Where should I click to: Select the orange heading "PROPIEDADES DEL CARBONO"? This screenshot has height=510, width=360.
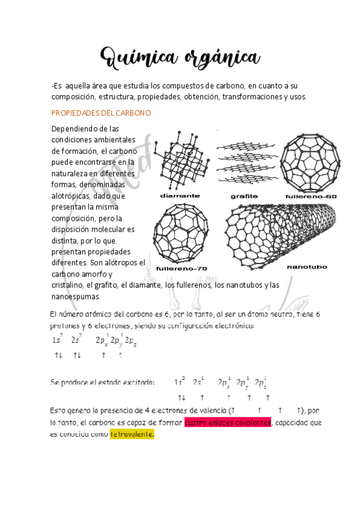[x=101, y=113]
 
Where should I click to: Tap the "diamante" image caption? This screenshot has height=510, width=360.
[x=180, y=196]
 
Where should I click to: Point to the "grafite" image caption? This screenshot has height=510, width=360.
[x=244, y=196]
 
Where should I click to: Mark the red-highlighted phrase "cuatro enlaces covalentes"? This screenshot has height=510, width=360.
[x=228, y=423]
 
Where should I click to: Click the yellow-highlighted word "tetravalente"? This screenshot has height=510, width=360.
[x=132, y=434]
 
